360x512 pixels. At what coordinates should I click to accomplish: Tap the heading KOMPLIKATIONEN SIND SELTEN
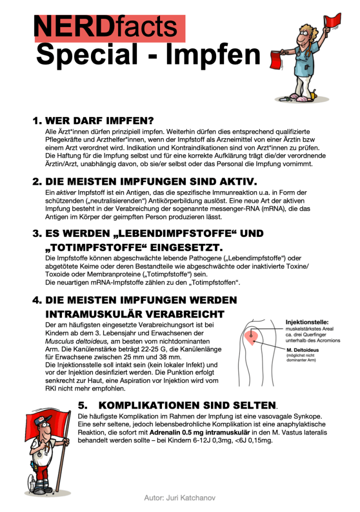187,405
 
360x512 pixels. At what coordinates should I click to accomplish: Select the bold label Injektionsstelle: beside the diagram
307,322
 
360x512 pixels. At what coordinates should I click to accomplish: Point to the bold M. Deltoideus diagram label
306,349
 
